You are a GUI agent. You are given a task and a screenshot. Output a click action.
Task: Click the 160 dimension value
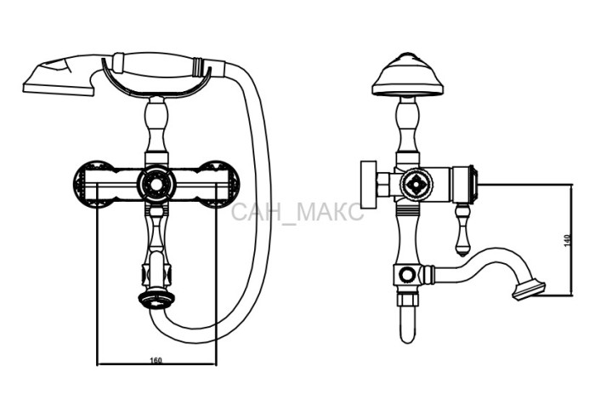pyautogui.click(x=156, y=360)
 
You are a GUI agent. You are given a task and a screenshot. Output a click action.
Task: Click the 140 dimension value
pyautogui.click(x=567, y=241)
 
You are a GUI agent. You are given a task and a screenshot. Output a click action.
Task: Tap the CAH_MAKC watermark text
pyautogui.click(x=297, y=212)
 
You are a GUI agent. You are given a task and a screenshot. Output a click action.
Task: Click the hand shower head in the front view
pyautogui.click(x=59, y=76)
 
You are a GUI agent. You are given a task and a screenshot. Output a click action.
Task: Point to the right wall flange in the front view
pyautogui.click(x=220, y=184)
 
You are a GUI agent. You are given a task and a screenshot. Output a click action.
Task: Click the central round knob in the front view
pyautogui.click(x=156, y=184)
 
